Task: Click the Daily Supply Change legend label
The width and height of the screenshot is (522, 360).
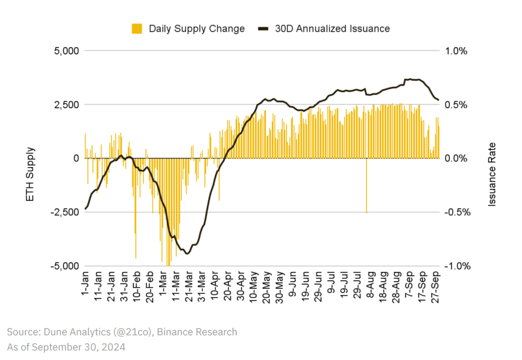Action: [197, 29]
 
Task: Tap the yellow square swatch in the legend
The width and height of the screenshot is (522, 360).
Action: [137, 29]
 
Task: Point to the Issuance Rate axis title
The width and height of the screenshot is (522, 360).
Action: [492, 174]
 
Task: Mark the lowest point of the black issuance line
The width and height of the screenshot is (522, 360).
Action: [188, 253]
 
